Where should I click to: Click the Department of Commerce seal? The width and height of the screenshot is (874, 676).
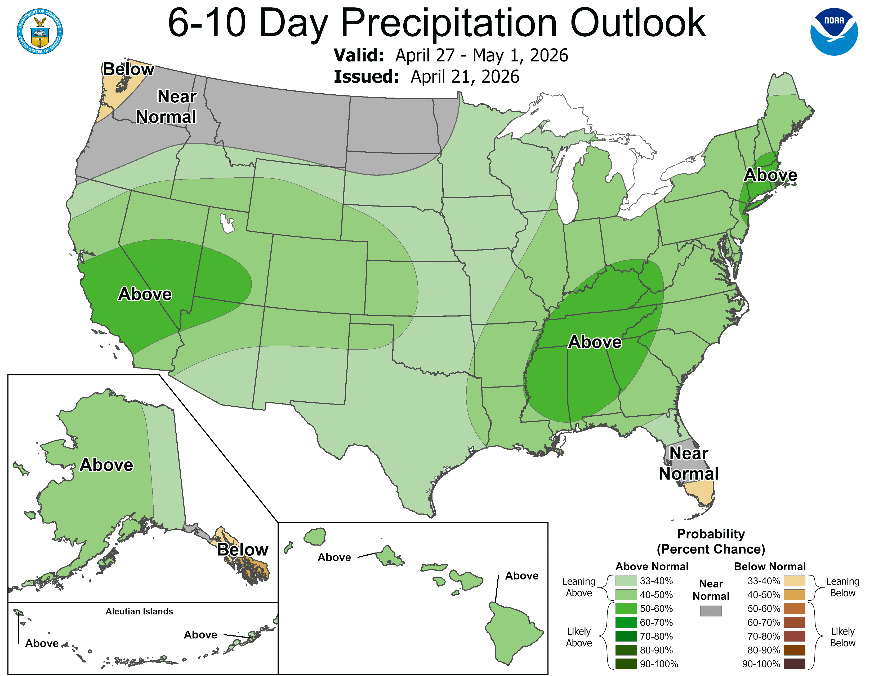point(40,31)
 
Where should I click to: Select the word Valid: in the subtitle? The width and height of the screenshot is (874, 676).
point(359,55)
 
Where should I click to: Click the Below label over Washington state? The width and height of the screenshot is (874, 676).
point(128,69)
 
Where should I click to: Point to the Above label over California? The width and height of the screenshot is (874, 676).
point(145,294)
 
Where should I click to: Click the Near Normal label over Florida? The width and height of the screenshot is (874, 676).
point(688,463)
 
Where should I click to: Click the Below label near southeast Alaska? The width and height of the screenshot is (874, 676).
point(243,550)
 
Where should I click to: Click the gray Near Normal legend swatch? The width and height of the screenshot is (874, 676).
point(711,611)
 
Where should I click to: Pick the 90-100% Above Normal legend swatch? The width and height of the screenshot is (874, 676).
point(626,664)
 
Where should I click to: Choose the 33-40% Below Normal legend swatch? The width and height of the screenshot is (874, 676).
point(794,581)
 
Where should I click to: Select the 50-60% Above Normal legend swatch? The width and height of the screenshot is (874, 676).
point(626,608)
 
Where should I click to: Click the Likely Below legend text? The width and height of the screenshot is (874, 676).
point(842,637)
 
